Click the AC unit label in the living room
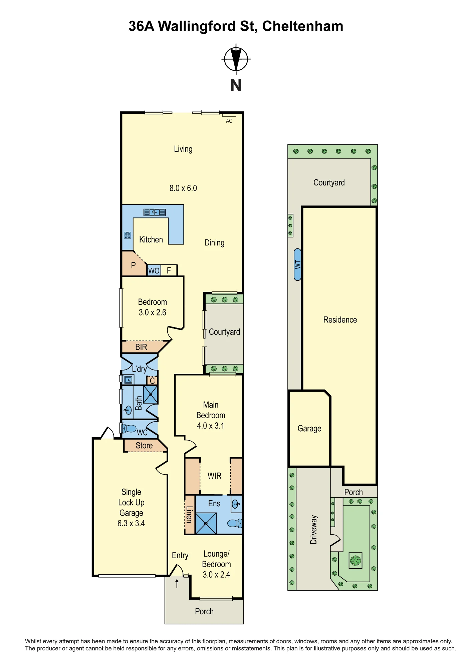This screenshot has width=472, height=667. coord(229,121)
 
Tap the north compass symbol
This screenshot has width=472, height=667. coord(236,59)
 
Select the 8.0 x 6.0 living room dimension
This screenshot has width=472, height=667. coord(183,188)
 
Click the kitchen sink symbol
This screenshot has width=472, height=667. coord(155,212)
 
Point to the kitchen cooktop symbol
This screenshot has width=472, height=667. coord(128,235)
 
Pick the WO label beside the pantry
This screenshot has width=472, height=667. coord(154,270)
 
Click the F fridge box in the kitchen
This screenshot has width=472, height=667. coord(169,270)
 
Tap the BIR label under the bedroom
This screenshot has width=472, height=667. coord(141,347)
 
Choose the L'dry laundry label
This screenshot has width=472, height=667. coord(139,369)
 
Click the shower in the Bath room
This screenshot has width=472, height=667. coord(151,394)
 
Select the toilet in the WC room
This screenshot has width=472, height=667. coord(129,428)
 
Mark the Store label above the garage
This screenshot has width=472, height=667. coord(144,446)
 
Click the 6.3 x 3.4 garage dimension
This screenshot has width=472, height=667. coord(131,523)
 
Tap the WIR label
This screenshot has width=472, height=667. coord(215,476)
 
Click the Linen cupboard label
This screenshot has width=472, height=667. coord(189,514)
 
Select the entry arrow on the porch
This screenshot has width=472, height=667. coord(177,584)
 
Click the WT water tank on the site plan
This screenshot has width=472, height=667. coord(298,264)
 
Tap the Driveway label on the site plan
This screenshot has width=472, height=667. coord(313,530)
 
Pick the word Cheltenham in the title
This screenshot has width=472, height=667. coord(303,26)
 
